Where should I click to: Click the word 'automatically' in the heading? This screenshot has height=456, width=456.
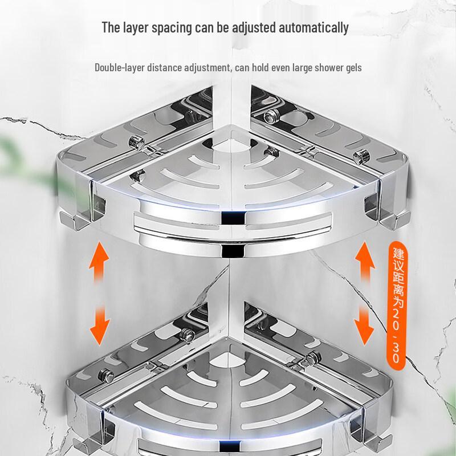click(x=313, y=28)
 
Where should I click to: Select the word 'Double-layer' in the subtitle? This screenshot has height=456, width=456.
click(x=120, y=68)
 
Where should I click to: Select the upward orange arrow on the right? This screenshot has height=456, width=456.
click(x=365, y=263)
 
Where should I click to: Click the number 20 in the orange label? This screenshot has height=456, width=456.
click(x=397, y=320)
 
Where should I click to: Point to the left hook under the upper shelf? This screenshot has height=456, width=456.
click(x=72, y=221)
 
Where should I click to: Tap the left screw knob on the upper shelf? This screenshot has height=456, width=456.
click(x=137, y=142)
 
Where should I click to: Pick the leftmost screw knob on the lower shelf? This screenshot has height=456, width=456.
click(x=106, y=376)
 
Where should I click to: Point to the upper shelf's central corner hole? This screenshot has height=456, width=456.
click(x=231, y=145)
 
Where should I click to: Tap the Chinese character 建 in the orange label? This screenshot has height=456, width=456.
click(x=398, y=254)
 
